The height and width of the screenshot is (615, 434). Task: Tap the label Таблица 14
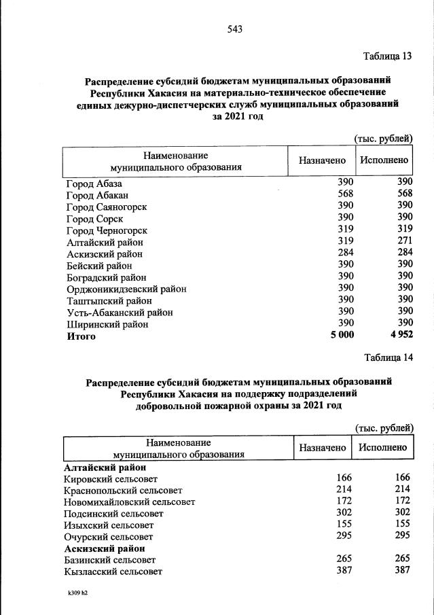(x=388, y=357)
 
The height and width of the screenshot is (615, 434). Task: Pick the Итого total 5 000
(x=338, y=336)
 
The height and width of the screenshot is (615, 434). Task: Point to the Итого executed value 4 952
(x=400, y=336)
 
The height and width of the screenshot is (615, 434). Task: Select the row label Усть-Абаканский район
(x=120, y=313)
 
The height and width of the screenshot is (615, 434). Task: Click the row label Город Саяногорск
(x=107, y=207)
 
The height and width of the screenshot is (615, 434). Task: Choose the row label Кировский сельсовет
(x=109, y=480)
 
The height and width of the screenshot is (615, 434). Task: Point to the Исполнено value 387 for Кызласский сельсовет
(x=402, y=571)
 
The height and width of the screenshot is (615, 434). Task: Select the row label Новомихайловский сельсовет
(x=129, y=502)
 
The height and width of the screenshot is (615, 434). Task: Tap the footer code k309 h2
(x=73, y=593)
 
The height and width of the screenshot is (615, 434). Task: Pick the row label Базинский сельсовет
(x=109, y=560)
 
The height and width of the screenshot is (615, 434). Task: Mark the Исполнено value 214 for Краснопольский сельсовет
(x=402, y=491)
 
